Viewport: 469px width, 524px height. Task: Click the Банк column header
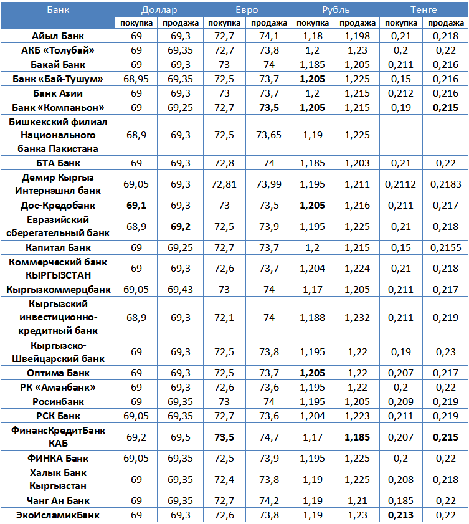coord(59,9)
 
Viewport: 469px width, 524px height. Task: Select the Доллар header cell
coord(159,9)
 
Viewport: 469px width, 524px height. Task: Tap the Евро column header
coord(247,9)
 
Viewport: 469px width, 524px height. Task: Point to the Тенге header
coord(424,9)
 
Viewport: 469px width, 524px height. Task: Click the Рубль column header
coord(335,9)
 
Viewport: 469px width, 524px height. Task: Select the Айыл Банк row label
coord(59,36)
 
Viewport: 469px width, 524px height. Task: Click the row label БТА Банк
coord(59,163)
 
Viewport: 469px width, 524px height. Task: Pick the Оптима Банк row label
coord(59,373)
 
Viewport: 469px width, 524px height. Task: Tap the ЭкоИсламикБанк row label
coord(59,515)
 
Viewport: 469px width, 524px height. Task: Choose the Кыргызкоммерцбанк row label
coord(59,289)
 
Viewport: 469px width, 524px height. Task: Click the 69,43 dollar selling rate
coord(181,289)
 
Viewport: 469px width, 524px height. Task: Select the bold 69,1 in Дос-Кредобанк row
coord(137,204)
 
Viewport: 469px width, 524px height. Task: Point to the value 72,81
coord(225,184)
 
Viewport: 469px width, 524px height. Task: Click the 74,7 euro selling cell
coord(269,437)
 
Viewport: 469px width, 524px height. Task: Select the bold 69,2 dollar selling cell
coord(181,226)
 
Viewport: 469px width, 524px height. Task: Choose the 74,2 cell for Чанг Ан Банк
coord(269,501)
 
